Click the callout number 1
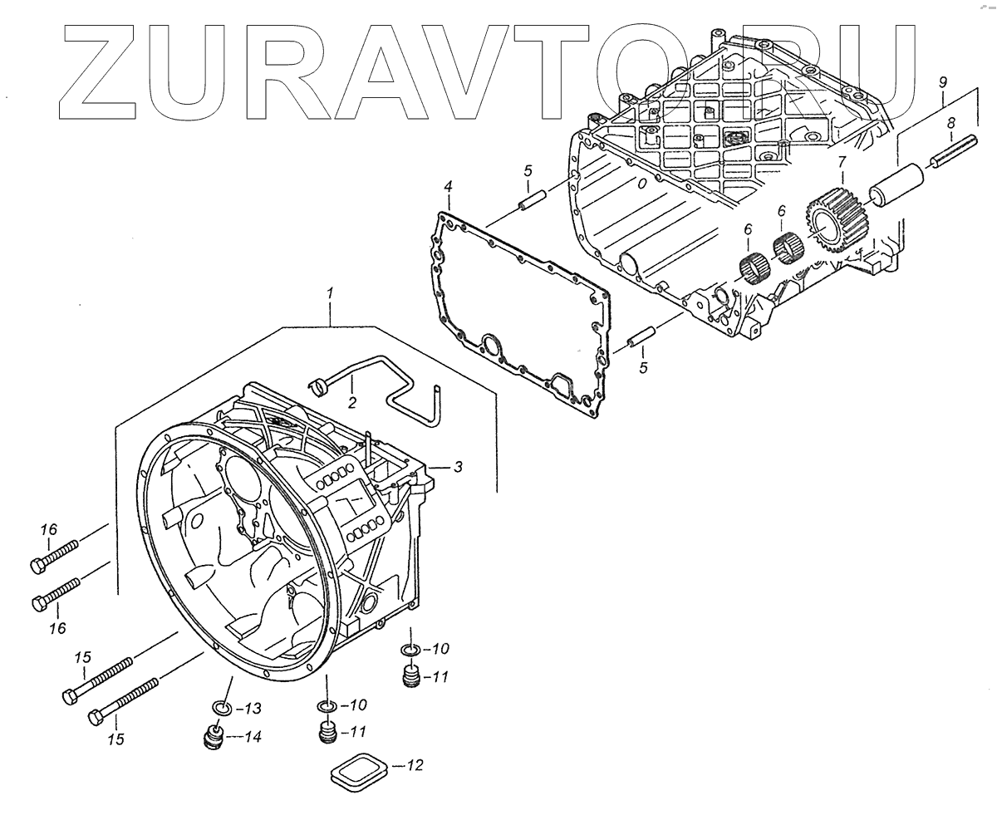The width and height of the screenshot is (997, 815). click(331, 293)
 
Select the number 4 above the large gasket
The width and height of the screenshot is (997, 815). click(448, 185)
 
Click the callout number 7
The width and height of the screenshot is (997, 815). click(842, 161)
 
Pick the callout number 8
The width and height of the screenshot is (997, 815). click(950, 123)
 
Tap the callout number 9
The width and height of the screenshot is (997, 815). click(942, 81)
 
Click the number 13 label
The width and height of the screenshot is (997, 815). click(253, 709)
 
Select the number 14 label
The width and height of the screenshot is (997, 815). click(253, 736)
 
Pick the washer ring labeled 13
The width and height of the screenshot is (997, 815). click(219, 709)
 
